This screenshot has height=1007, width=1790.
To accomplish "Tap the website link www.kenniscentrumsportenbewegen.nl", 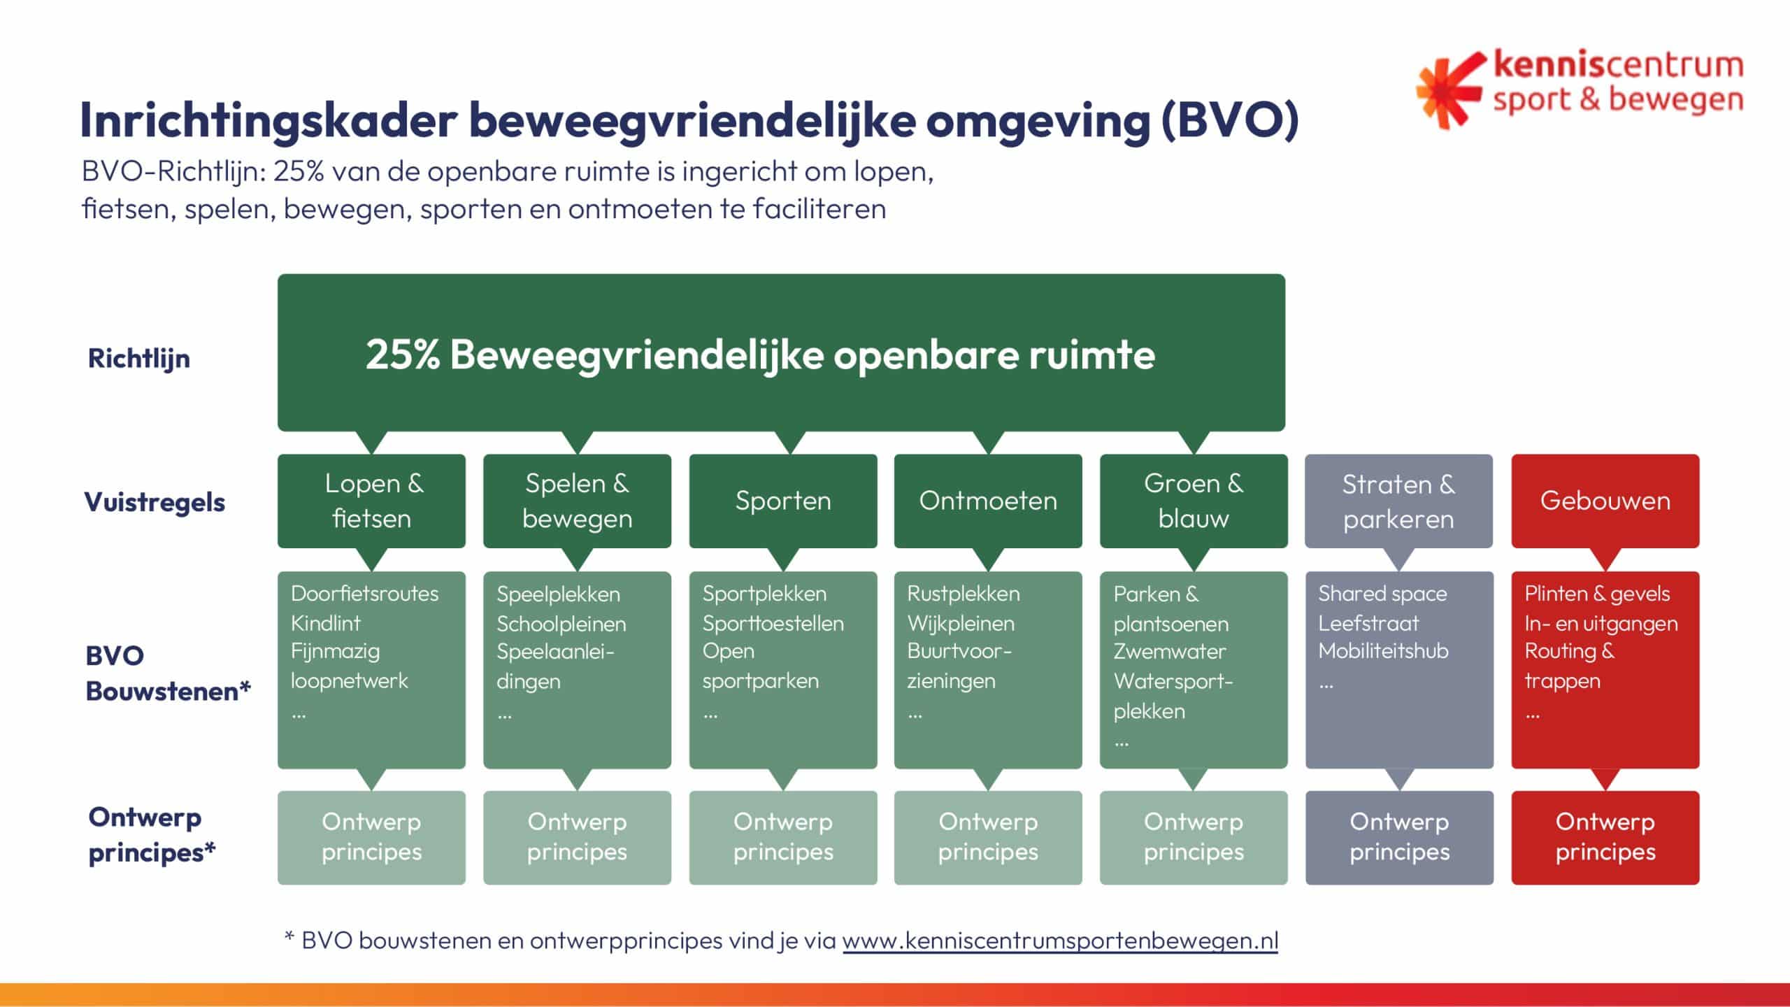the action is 1060,941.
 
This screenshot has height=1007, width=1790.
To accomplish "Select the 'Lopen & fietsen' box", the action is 371,501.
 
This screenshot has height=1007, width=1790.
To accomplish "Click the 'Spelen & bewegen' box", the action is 577,501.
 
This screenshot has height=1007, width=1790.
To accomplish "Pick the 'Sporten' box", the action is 783,501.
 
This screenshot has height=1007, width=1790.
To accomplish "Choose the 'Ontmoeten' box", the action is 988,501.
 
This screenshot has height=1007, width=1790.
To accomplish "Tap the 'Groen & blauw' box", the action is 1194,501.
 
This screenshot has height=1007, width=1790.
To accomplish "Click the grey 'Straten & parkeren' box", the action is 1399,501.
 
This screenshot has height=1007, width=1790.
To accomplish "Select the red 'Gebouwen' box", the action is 1605,501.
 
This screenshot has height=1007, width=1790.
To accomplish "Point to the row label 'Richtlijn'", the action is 138,359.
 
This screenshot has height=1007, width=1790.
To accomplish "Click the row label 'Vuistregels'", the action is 155,502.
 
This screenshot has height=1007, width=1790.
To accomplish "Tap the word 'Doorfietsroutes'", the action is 364,594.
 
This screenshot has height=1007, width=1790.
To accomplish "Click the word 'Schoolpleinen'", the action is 561,624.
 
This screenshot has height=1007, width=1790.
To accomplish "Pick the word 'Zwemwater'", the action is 1170,652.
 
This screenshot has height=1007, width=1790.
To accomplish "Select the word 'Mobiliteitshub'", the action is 1383,651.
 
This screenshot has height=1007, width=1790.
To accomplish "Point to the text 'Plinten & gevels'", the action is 1597,594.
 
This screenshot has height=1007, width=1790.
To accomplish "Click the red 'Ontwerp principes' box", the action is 1605,837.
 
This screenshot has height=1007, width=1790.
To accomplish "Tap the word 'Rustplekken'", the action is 964,594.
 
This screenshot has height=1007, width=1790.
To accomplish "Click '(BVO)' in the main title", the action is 1229,120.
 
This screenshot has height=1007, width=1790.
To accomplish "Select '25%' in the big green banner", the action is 403,355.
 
